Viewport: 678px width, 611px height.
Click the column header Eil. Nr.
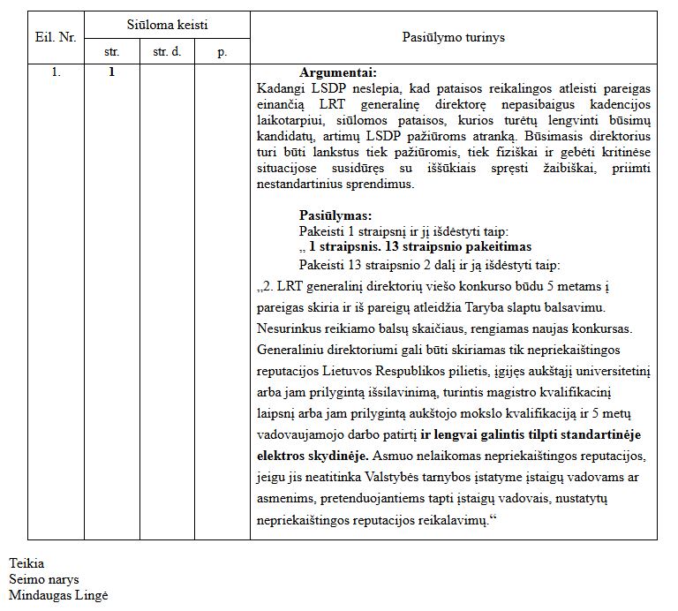point(56,38)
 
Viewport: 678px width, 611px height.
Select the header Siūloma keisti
point(167,26)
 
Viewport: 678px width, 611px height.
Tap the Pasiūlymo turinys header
point(454,38)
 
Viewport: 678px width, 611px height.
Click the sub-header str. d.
point(167,52)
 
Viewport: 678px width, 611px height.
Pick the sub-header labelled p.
point(222,52)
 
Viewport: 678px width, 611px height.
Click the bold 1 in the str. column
point(112,72)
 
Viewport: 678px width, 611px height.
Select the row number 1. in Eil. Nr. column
point(56,72)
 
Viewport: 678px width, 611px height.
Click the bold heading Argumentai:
point(338,72)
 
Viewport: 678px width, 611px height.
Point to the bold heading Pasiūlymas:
point(335,215)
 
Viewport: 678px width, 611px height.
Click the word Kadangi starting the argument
point(277,88)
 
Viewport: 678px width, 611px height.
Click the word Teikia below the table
point(26,563)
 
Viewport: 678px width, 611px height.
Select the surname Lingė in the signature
point(91,596)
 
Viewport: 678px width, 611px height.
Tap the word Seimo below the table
point(26,579)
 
